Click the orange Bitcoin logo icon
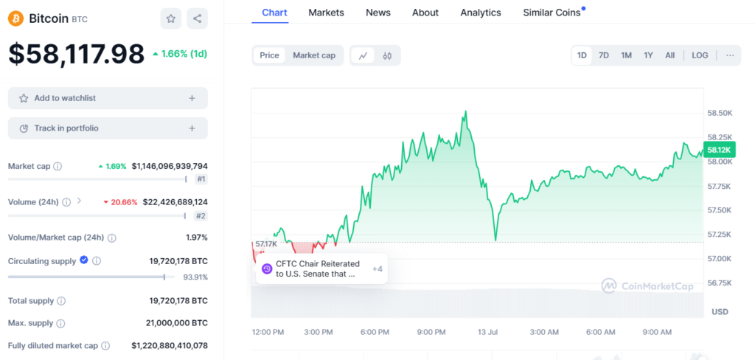pos(15,18)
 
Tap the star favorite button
pos(171,18)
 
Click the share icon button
pos(197,18)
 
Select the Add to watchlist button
pos(108,98)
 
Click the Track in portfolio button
pos(108,128)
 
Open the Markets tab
pos(326,13)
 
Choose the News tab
pos(378,13)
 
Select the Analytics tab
pos(481,13)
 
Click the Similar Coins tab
pos(552,13)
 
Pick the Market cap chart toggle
pos(314,55)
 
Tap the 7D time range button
pos(604,55)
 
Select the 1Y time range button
pos(648,55)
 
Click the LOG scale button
pos(700,55)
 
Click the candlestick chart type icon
pos(387,55)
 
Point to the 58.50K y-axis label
pos(720,113)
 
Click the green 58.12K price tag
pos(719,150)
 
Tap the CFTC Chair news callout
pos(317,269)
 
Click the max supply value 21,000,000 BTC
pos(176,323)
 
